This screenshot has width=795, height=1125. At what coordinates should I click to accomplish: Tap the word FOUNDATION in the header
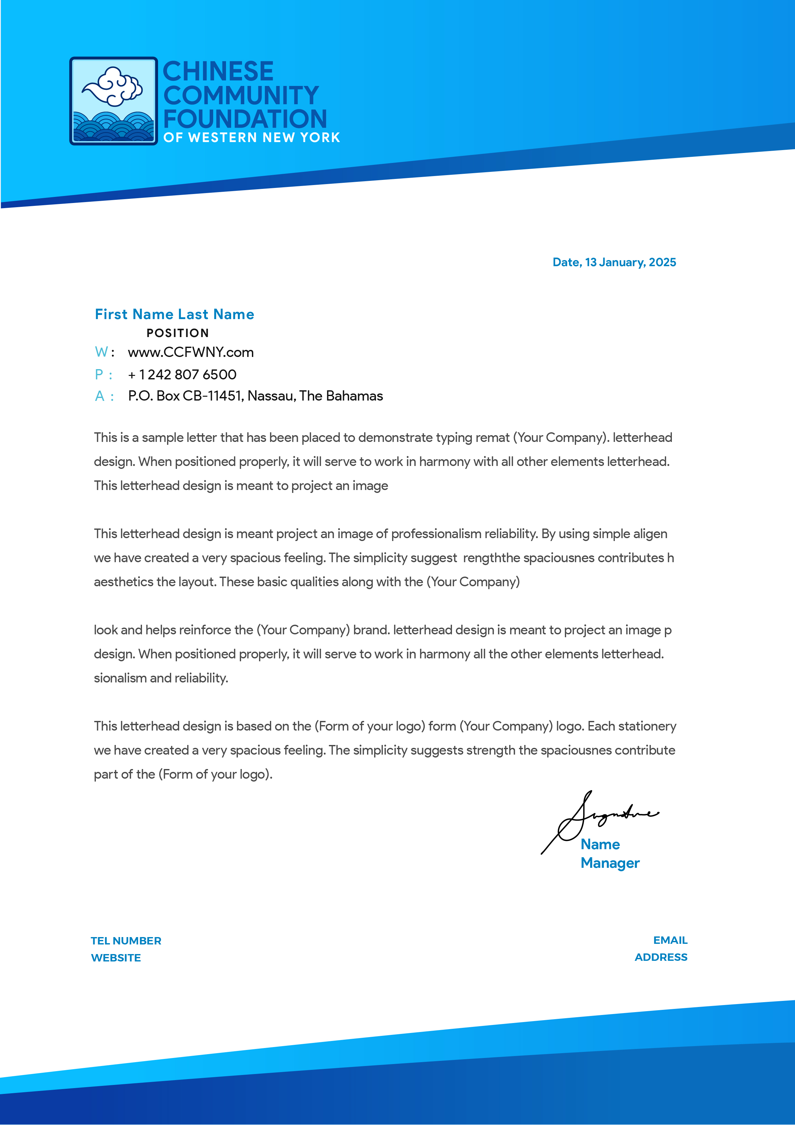(245, 119)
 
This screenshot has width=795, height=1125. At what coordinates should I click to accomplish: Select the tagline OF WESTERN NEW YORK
(252, 138)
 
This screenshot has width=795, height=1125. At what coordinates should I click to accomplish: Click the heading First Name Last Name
(174, 314)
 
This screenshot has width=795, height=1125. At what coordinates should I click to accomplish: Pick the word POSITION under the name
(178, 333)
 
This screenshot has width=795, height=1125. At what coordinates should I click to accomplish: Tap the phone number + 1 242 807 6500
(182, 375)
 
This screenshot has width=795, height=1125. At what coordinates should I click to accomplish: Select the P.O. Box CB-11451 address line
(255, 396)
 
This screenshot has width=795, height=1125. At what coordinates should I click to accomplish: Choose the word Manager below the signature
(610, 863)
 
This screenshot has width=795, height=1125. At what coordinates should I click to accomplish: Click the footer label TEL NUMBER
(126, 941)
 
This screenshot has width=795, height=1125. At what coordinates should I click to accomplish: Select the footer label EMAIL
(670, 940)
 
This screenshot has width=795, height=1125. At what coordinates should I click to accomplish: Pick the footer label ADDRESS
(661, 957)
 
